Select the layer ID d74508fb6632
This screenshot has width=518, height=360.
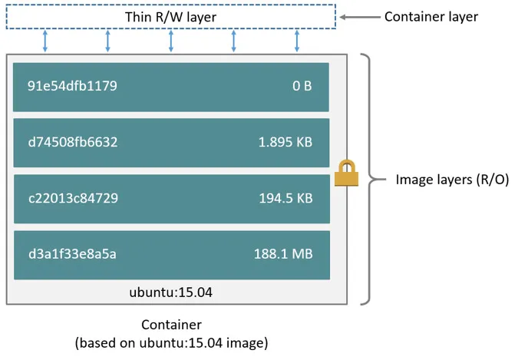[x=74, y=142]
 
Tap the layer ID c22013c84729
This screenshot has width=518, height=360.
[x=73, y=198]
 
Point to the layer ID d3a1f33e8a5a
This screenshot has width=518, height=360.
[x=72, y=254]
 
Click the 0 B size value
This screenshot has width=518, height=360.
[x=302, y=86]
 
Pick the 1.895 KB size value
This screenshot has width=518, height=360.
[x=285, y=142]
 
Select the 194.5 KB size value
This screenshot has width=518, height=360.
[x=285, y=198]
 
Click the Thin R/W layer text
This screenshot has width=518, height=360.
[x=171, y=17]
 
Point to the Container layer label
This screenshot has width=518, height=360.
[x=431, y=16]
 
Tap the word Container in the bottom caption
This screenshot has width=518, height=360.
[x=171, y=325]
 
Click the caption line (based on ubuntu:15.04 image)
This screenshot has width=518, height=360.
[x=171, y=342]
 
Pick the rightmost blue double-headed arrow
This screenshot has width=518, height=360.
[x=297, y=41]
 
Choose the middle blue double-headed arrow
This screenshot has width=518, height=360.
[x=171, y=41]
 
